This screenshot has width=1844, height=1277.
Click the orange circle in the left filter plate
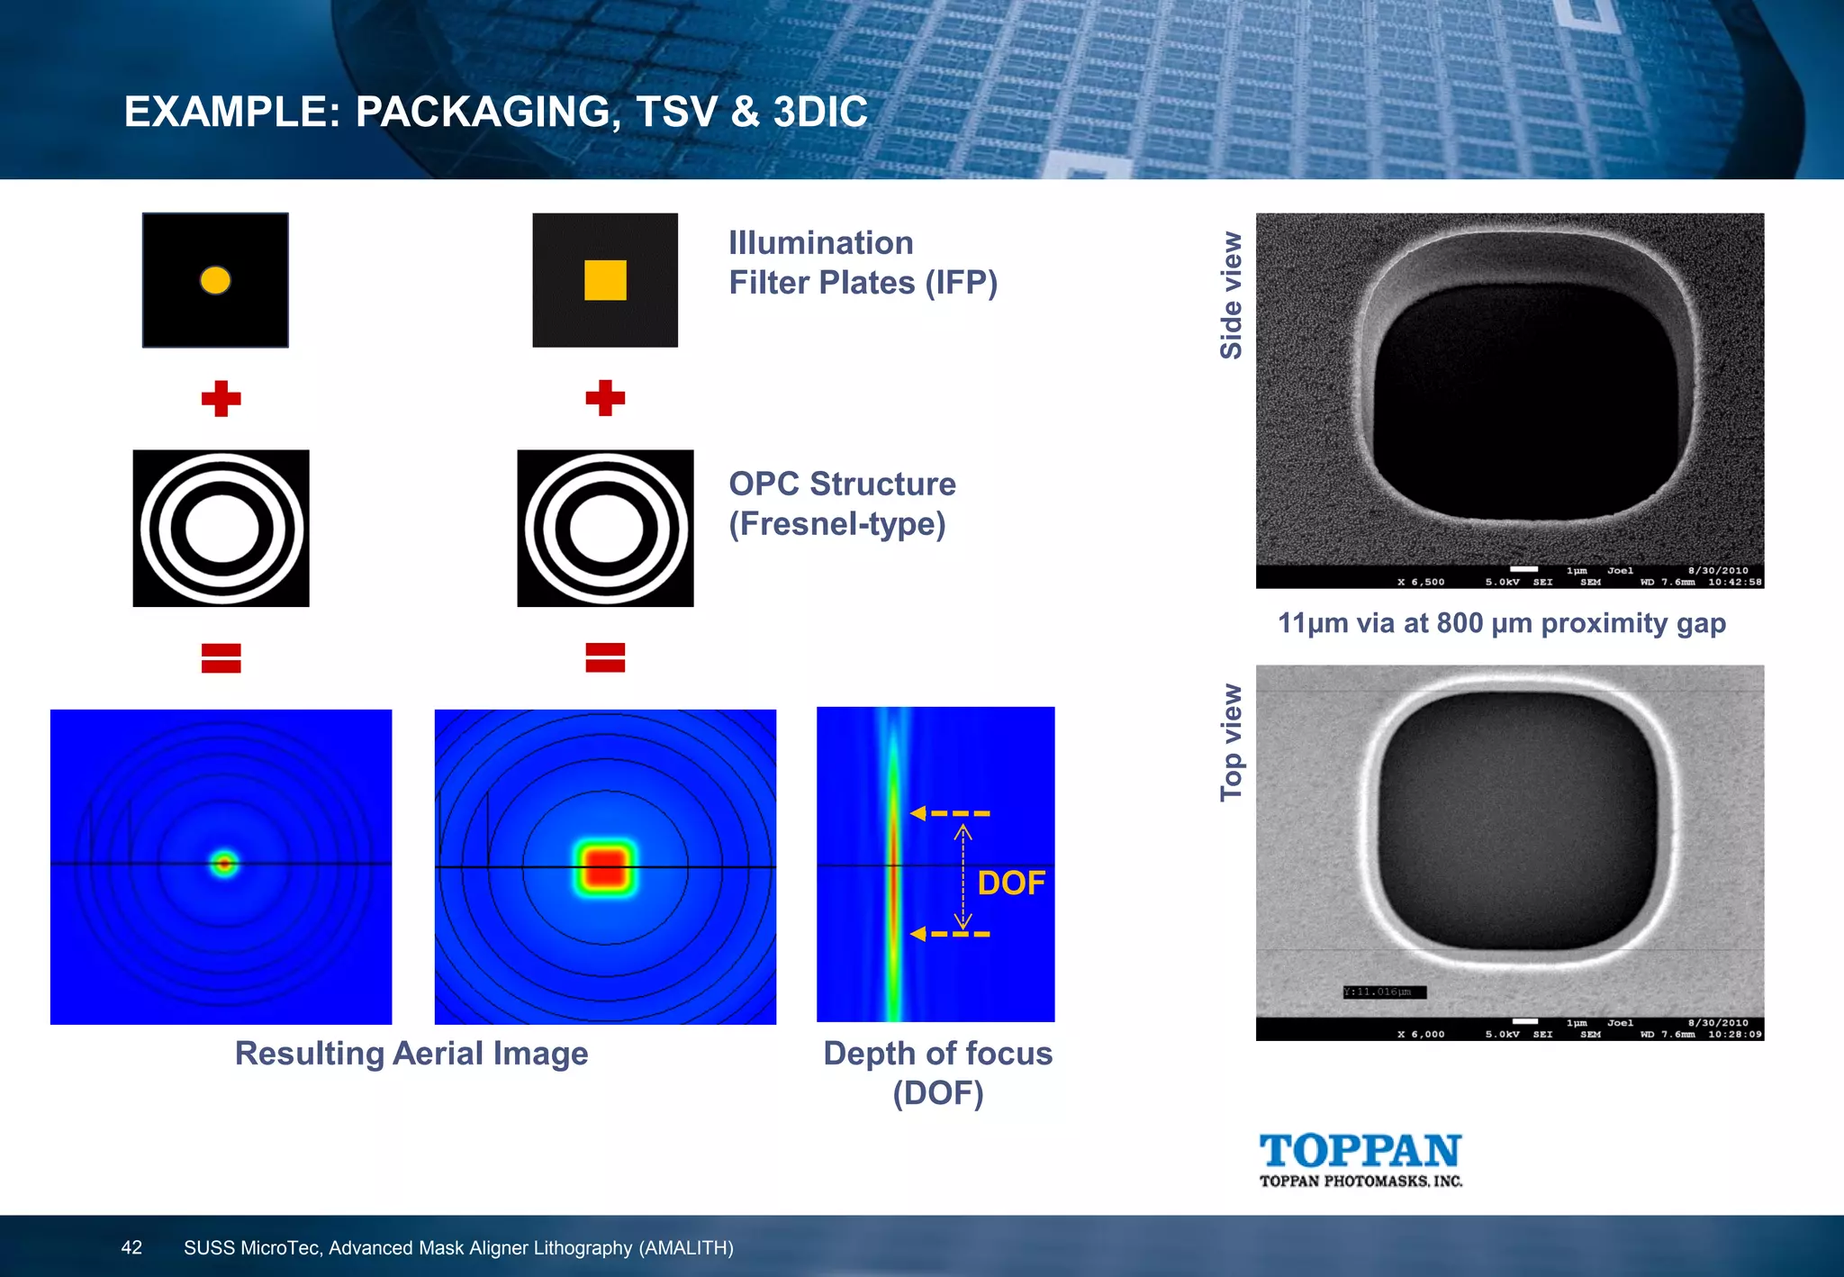point(215,280)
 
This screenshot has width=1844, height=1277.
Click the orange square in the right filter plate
point(605,280)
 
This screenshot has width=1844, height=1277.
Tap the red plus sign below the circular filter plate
point(221,398)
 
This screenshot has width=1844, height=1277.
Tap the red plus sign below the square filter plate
point(605,398)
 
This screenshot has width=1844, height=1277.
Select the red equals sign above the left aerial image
point(221,657)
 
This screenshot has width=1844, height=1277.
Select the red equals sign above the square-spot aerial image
point(605,657)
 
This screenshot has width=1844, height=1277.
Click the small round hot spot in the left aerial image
point(224,865)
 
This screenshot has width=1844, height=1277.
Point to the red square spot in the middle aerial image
point(605,867)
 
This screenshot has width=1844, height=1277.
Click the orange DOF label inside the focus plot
point(1011,883)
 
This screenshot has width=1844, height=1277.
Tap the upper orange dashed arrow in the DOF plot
point(950,813)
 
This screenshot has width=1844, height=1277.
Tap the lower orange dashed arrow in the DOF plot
point(950,934)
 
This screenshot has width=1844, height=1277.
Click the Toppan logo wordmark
point(1360,1152)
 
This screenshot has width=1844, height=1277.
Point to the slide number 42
point(131,1247)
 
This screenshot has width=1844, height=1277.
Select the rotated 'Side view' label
point(1231,295)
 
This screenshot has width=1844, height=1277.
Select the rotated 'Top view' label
point(1231,742)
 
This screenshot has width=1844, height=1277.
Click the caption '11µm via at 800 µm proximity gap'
point(1501,623)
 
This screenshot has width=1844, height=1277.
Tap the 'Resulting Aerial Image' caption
point(411,1054)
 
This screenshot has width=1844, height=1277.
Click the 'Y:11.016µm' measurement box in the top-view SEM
point(1384,992)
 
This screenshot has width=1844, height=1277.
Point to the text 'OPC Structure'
point(842,485)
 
